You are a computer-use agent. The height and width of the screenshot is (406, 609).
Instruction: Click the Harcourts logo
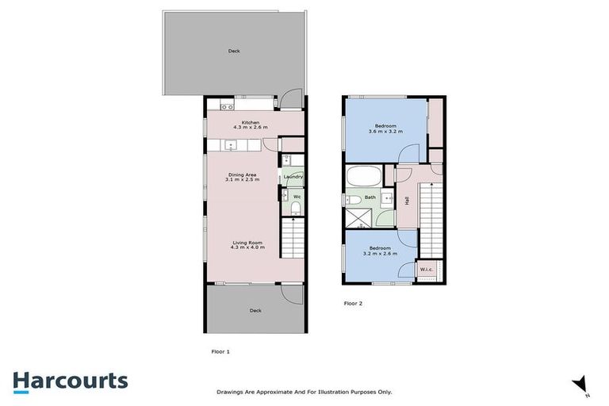[x=70, y=381]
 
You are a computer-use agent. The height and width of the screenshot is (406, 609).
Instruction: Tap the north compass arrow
[x=580, y=384]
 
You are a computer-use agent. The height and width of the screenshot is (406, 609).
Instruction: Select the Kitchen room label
[x=251, y=122]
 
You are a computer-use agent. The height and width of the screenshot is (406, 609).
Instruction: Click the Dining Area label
[x=242, y=174]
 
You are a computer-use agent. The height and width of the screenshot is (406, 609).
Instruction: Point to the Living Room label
[x=248, y=243]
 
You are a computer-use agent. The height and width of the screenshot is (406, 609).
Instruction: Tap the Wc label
[x=296, y=196]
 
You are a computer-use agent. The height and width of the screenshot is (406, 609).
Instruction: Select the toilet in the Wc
[x=295, y=209]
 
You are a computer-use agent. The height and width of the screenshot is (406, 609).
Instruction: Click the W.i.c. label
[x=426, y=269]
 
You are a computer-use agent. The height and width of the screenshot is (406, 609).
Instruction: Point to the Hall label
[x=407, y=201]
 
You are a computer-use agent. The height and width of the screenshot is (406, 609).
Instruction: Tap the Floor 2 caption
[x=353, y=303]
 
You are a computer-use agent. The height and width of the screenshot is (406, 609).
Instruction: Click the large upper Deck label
[x=234, y=52]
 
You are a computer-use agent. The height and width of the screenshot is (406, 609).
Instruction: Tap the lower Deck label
[x=255, y=310]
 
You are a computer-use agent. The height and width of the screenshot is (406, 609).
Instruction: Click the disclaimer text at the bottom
[x=304, y=392]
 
